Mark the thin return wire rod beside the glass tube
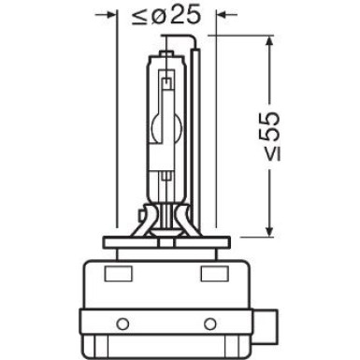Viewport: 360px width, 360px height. pyautogui.click(x=196, y=140)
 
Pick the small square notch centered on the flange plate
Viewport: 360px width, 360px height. pyautogui.click(x=166, y=242)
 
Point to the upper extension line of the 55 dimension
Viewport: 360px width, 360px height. pyautogui.click(x=243, y=38)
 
